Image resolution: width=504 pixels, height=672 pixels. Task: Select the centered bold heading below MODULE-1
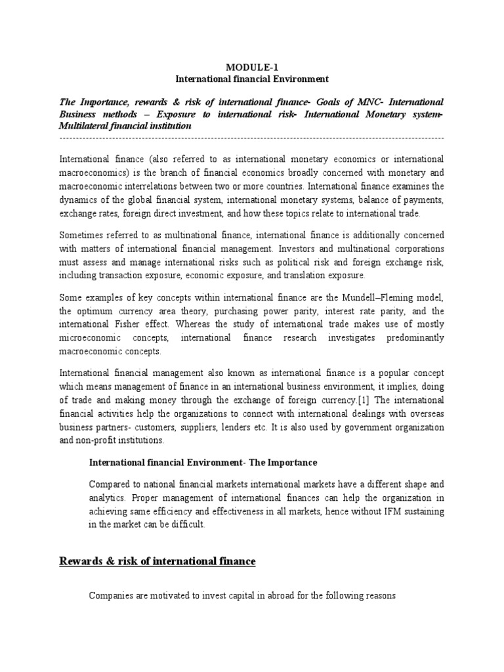[x=251, y=79]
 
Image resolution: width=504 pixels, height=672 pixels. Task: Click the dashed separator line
[x=251, y=138]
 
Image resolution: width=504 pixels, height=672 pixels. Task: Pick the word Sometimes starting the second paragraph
[x=83, y=236]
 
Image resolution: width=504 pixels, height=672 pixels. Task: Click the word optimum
[x=96, y=311]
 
